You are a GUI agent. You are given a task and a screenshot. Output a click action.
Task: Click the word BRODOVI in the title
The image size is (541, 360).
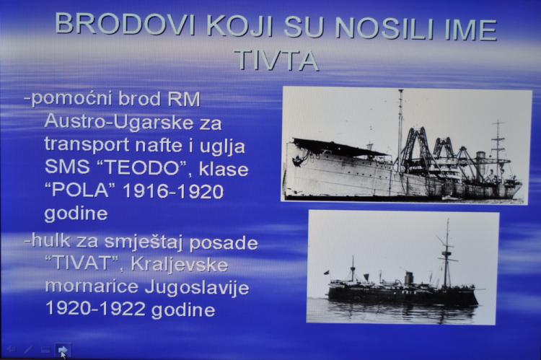click(125, 25)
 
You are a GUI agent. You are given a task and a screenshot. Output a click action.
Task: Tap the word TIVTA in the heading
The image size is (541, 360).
click(276, 61)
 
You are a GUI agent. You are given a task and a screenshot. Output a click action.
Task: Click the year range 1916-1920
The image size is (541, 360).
click(174, 191)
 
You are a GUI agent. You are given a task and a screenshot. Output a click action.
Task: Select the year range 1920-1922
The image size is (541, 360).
click(96, 307)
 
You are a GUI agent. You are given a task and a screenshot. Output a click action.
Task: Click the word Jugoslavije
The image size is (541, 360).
click(197, 288)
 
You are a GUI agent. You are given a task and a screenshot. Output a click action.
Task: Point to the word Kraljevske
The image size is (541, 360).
click(180, 265)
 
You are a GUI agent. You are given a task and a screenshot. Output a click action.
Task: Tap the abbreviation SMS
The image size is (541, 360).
click(67, 167)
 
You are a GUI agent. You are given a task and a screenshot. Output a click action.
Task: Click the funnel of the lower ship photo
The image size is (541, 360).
click(408, 278)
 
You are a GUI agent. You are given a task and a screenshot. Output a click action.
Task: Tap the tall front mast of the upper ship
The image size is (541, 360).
click(400, 131)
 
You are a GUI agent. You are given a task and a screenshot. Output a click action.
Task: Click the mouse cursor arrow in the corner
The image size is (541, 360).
click(63, 353)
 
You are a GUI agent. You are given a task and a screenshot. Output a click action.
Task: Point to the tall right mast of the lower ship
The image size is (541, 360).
click(447, 255)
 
